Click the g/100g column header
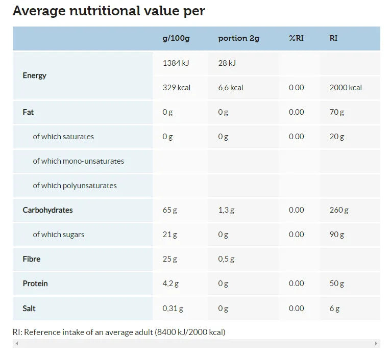click(x=176, y=39)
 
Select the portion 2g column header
click(x=239, y=39)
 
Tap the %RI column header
click(x=296, y=38)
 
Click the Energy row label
click(x=34, y=76)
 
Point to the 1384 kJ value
click(x=176, y=63)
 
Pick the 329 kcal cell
click(x=176, y=88)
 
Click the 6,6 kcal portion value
click(x=231, y=88)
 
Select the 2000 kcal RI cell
click(x=346, y=88)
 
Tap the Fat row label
click(x=28, y=112)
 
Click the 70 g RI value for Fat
click(x=337, y=112)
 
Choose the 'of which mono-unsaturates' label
click(x=78, y=161)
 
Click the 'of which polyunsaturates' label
click(x=75, y=186)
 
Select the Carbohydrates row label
click(x=47, y=210)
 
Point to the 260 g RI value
click(x=339, y=210)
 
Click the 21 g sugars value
click(x=170, y=235)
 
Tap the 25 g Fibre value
click(x=170, y=259)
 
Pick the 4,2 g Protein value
click(x=170, y=284)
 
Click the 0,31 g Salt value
click(x=173, y=308)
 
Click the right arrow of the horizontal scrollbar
click(x=376, y=343)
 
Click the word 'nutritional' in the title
click(x=105, y=11)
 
